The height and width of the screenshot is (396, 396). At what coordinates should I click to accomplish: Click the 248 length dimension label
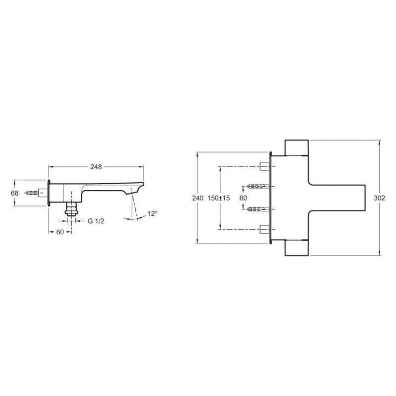96,167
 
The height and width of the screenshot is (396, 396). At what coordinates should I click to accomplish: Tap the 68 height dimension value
15,193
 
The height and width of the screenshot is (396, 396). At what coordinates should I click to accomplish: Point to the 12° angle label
152,214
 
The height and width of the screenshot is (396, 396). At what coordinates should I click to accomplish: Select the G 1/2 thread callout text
96,221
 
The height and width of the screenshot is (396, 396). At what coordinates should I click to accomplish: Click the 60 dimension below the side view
60,232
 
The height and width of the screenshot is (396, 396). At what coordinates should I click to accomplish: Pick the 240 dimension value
198,198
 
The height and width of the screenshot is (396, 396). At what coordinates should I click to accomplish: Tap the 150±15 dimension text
219,198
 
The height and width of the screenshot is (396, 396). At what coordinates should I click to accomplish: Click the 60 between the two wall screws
243,198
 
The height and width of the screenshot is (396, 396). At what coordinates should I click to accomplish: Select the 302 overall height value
380,198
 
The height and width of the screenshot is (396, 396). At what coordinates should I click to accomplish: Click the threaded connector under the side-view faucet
71,208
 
